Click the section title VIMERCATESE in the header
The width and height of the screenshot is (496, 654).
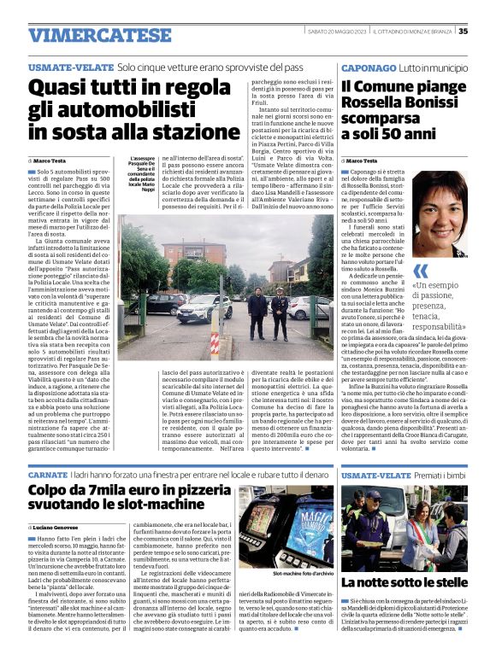click(x=99, y=35)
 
